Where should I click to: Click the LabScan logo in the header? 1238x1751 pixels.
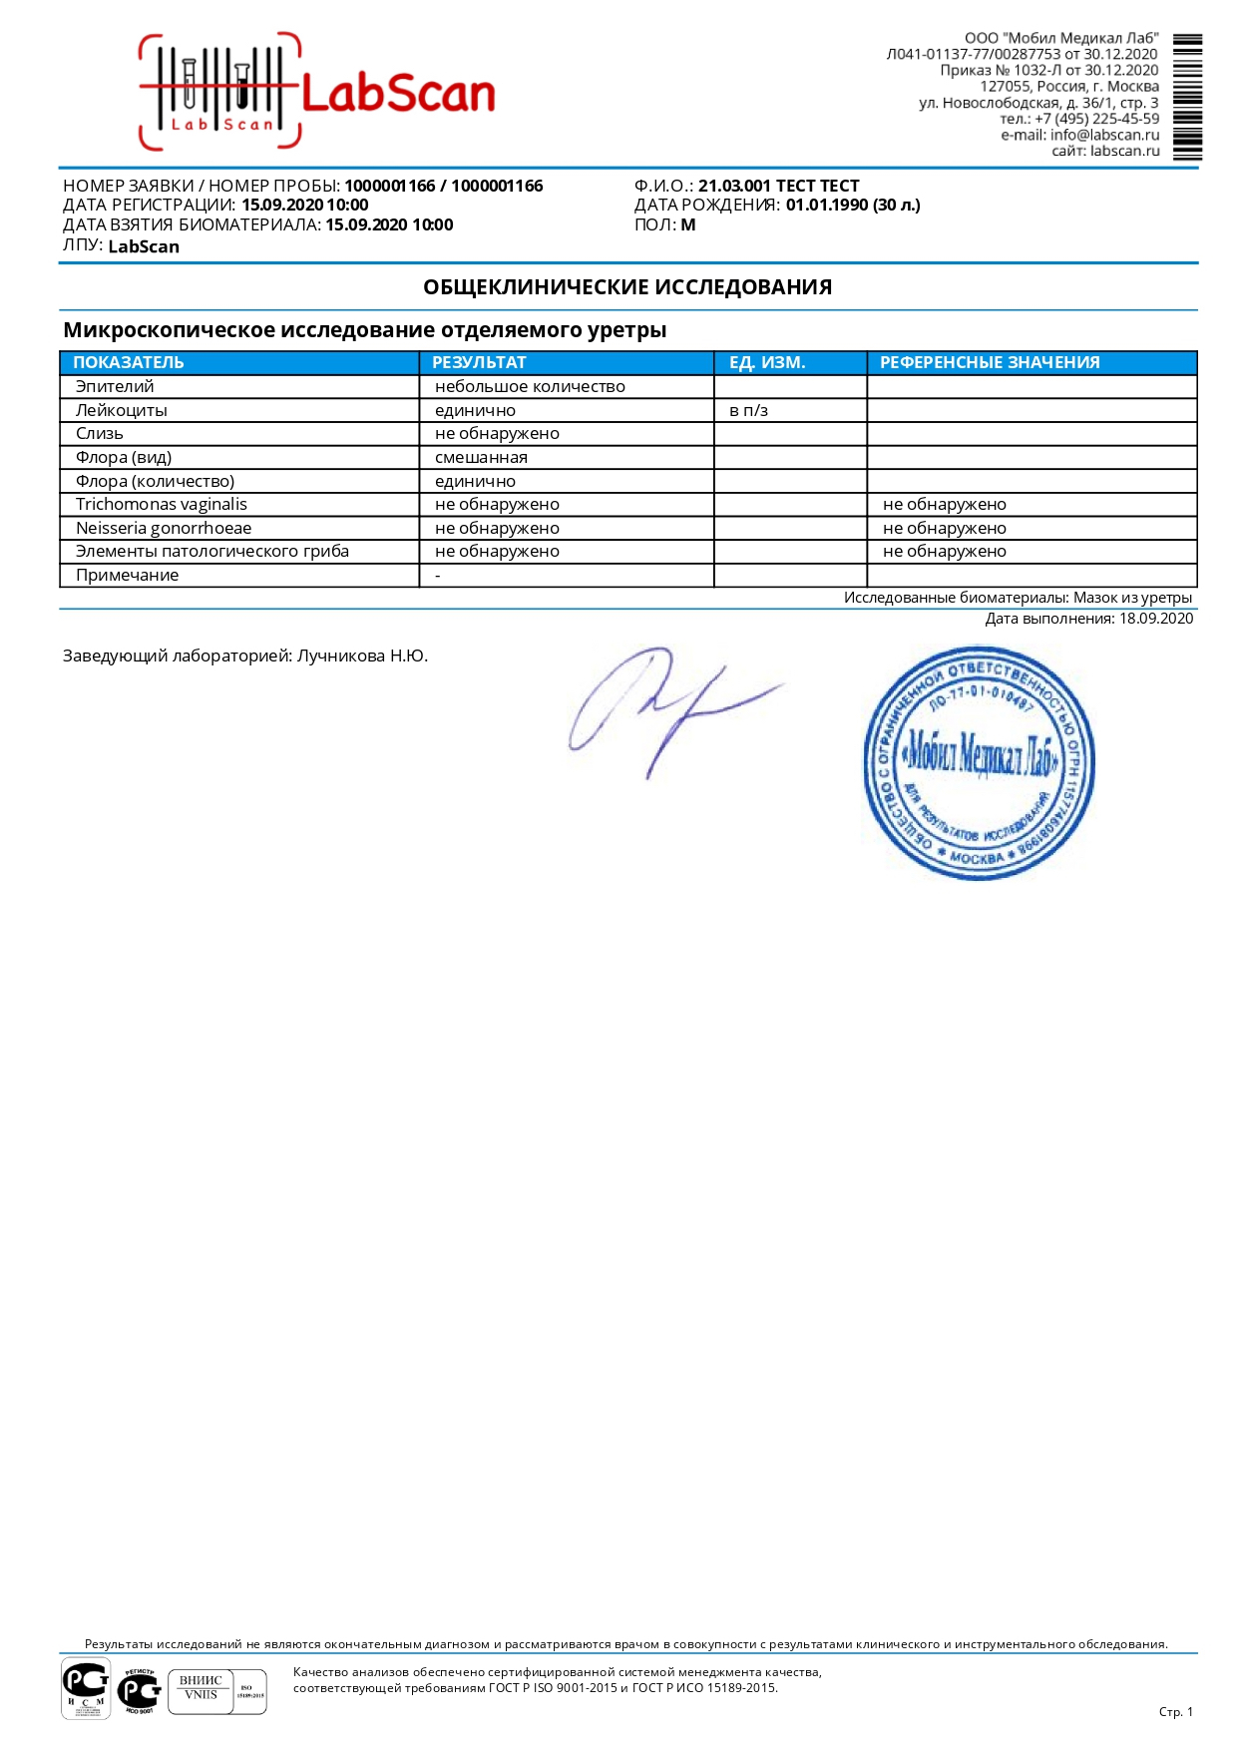point(317,92)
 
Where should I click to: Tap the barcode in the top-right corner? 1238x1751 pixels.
point(1187,97)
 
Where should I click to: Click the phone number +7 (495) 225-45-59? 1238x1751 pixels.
point(1096,119)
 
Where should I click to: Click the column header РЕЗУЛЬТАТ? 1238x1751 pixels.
point(479,362)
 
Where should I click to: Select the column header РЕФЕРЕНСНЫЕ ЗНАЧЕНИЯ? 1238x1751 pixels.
point(989,362)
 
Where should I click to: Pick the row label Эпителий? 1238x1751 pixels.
point(115,386)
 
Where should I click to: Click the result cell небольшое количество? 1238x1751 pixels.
point(530,386)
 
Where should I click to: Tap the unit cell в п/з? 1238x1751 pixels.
point(748,410)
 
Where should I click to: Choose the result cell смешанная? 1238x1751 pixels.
point(481,457)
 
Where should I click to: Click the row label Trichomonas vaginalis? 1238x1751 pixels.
point(162,504)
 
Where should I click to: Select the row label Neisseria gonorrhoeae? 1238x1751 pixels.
point(164,528)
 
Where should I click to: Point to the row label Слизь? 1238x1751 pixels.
point(100,433)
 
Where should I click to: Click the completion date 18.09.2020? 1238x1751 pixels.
point(1155,619)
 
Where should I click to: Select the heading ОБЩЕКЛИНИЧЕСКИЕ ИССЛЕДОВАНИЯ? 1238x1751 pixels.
point(627,287)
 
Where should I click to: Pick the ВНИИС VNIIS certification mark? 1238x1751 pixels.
point(202,1690)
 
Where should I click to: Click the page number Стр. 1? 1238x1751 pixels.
point(1175,1712)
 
